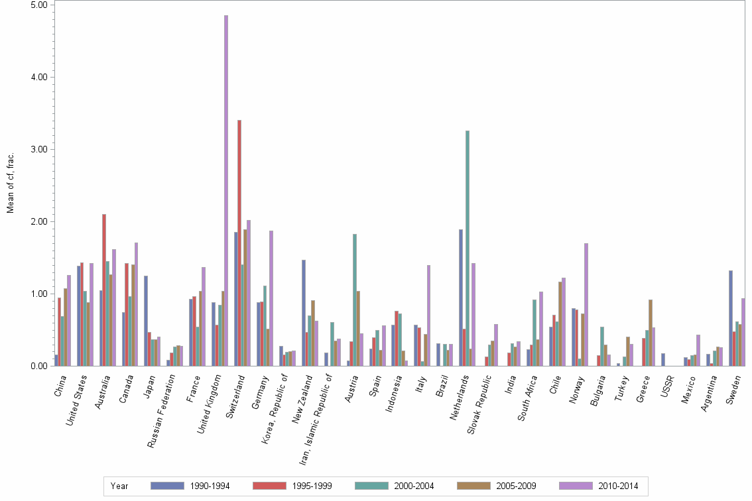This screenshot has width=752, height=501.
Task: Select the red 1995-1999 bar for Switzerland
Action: coord(239,243)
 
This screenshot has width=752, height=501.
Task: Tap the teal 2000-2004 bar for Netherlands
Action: coord(468,248)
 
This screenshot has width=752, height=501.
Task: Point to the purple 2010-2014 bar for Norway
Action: coord(586,304)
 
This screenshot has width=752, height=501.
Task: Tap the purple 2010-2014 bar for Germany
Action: coord(271,298)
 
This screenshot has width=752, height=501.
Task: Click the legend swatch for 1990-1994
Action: coord(167,486)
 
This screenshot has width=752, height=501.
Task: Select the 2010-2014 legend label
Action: coord(618,486)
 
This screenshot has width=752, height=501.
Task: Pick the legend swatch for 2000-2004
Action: coord(372,486)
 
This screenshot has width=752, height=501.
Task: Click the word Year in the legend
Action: coord(119,486)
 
